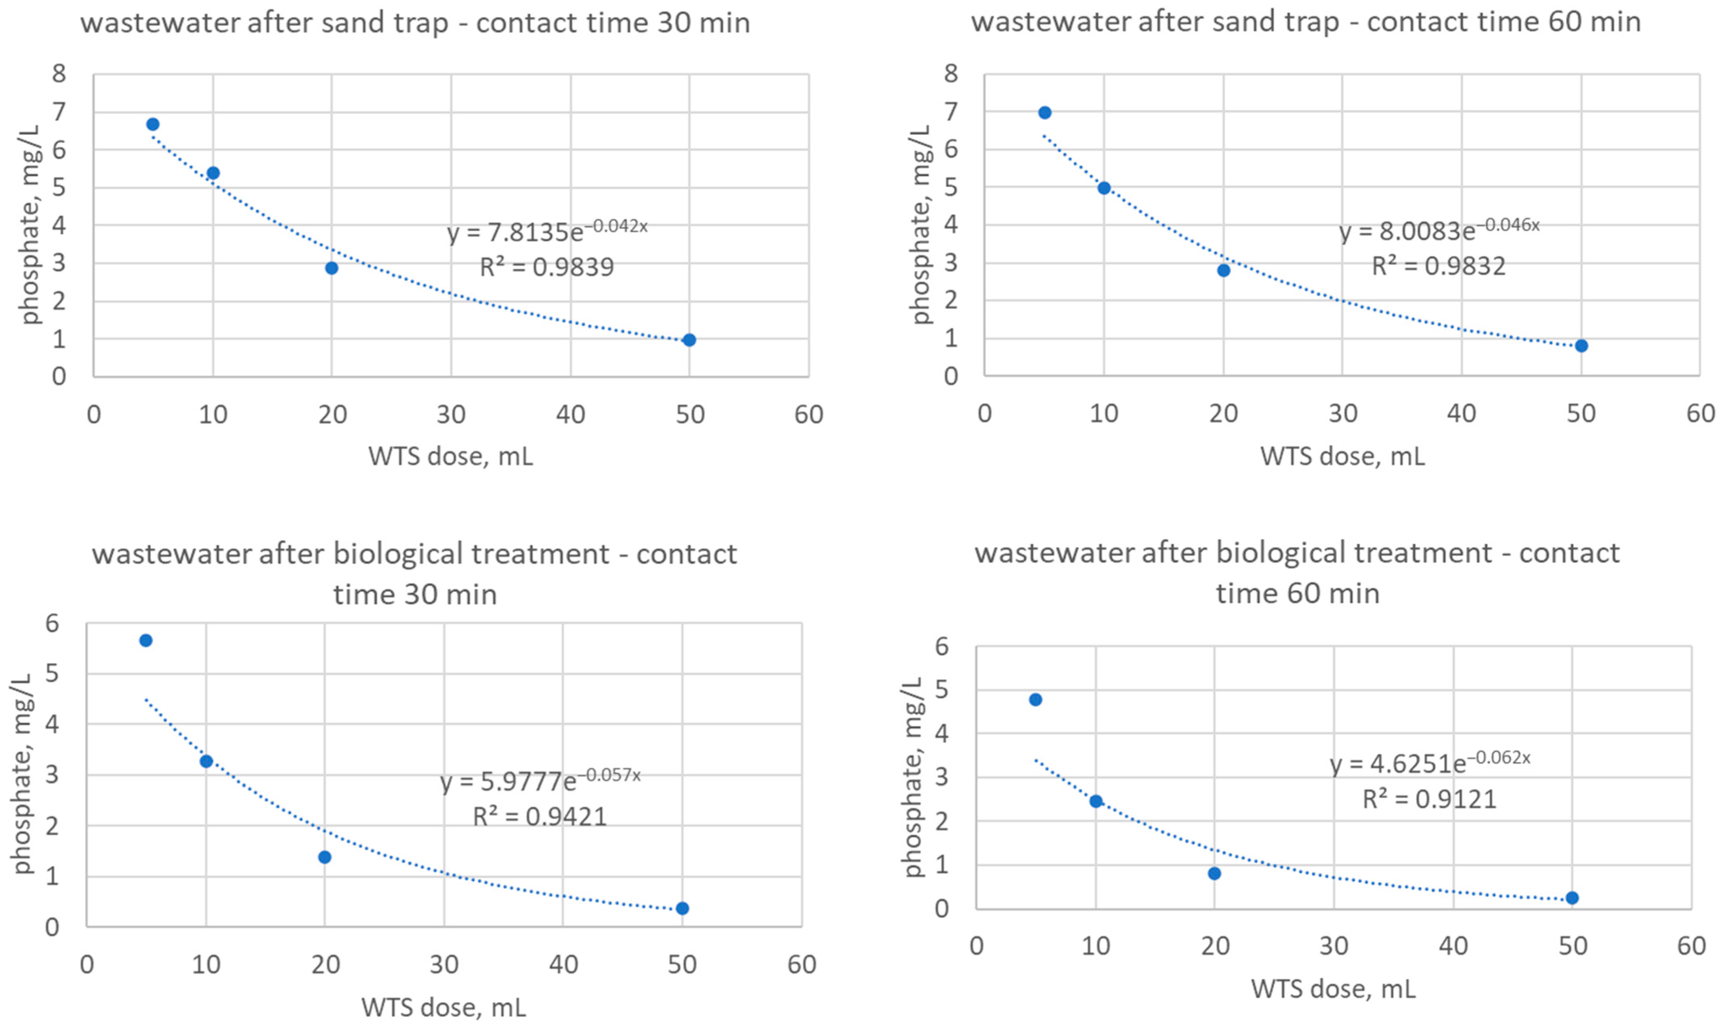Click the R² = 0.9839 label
pyautogui.click(x=547, y=267)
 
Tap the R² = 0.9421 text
pyautogui.click(x=539, y=817)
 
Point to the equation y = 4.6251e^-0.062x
pyautogui.click(x=1430, y=763)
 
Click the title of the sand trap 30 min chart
pyautogui.click(x=415, y=23)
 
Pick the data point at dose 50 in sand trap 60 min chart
pyautogui.click(x=1581, y=346)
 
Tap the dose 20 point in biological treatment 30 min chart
pyautogui.click(x=324, y=857)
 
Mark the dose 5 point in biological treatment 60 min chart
pyautogui.click(x=1035, y=700)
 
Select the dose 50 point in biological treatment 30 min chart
pyautogui.click(x=682, y=908)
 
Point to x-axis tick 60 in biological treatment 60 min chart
pyautogui.click(x=1691, y=946)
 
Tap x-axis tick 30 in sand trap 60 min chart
pyautogui.click(x=1343, y=413)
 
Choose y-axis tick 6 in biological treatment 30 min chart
pyautogui.click(x=53, y=623)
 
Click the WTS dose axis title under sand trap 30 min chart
pyautogui.click(x=450, y=456)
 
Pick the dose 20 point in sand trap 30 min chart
pyautogui.click(x=331, y=268)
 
